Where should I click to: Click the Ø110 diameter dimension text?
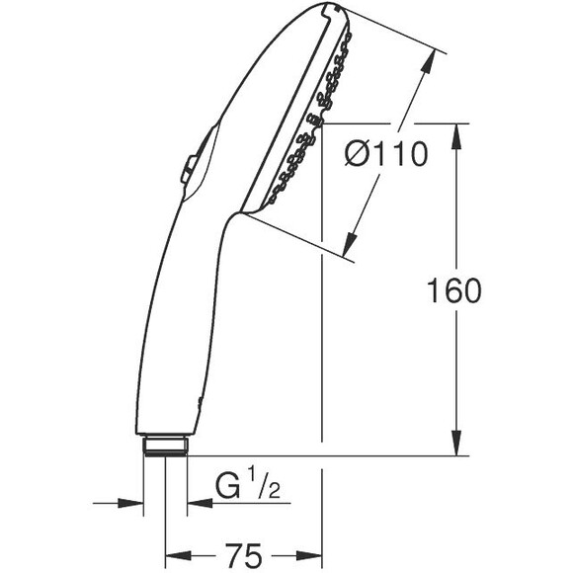point(388,154)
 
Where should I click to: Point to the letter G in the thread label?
point(228,487)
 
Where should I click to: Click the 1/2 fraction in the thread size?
point(259,487)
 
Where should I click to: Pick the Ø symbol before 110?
point(360,154)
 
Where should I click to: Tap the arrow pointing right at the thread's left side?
point(132,502)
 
